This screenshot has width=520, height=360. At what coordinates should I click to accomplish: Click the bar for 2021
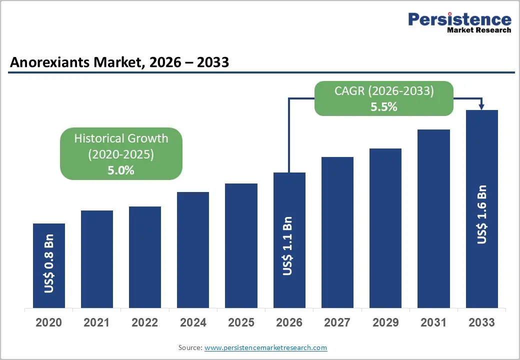click(96, 259)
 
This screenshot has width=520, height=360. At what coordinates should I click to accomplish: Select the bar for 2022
click(145, 257)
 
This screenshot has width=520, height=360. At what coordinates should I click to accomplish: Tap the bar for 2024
click(193, 250)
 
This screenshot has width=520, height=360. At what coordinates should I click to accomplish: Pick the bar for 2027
click(337, 232)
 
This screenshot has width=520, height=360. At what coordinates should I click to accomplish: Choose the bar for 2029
click(385, 228)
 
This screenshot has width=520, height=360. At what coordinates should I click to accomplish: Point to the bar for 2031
click(433, 218)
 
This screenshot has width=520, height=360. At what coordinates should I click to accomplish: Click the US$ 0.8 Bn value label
click(49, 263)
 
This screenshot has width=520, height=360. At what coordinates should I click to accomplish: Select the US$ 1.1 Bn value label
click(289, 245)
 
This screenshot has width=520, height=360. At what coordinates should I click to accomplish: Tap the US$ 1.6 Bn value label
click(482, 214)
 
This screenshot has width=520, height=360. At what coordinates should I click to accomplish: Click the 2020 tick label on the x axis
click(49, 322)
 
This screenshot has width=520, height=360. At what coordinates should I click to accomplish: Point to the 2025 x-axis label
click(241, 322)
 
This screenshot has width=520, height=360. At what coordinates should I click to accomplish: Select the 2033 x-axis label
click(482, 322)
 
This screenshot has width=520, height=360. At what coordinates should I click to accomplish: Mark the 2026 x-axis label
click(289, 322)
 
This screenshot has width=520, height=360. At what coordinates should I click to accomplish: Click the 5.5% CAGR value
click(383, 106)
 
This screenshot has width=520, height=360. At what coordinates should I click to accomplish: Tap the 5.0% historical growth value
click(121, 170)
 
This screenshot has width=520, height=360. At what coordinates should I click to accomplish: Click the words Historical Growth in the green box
click(121, 138)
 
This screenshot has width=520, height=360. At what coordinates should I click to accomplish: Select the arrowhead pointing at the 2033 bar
click(482, 106)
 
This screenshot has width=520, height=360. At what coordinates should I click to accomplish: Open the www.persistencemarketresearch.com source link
click(266, 347)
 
